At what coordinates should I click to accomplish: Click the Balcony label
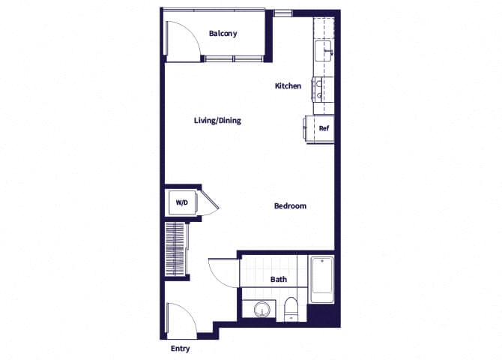[x=223, y=34]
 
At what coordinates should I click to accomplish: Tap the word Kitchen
[x=288, y=86]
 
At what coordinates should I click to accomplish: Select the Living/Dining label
[x=217, y=121]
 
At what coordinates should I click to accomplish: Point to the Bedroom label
[x=290, y=206]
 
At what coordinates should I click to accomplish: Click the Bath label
[x=278, y=280]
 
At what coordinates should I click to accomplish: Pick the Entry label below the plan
[x=180, y=349]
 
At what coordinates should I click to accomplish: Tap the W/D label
[x=181, y=203]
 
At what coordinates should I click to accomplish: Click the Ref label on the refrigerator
[x=324, y=128]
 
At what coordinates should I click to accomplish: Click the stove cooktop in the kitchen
[x=323, y=88]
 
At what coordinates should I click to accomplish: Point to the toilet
[x=292, y=310]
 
